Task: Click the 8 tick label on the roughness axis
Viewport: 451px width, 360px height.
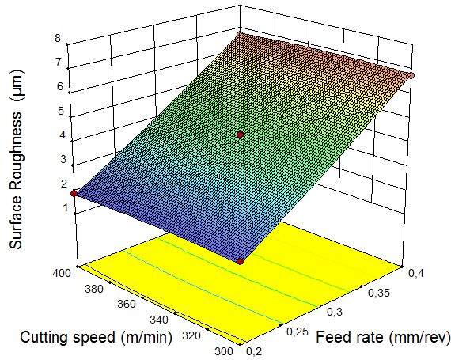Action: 58,38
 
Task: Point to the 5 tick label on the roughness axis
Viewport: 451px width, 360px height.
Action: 61,111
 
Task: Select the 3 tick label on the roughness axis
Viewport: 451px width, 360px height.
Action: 63,159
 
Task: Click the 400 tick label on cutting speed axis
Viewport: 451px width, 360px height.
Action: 61,273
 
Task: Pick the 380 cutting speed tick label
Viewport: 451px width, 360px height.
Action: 94,289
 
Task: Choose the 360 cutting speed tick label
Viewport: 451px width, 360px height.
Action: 127,304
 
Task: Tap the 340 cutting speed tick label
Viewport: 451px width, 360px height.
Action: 159,320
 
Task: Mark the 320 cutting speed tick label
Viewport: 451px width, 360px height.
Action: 191,335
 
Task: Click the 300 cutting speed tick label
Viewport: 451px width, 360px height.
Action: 224,351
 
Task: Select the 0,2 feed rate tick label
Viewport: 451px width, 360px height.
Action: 254,351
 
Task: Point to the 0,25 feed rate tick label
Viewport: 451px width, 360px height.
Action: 298,332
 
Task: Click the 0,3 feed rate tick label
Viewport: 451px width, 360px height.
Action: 335,312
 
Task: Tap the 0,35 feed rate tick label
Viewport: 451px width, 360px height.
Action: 379,293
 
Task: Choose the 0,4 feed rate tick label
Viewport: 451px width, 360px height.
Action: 416,274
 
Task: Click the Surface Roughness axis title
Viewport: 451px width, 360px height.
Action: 16,159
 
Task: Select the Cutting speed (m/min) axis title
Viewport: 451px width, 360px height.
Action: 96,337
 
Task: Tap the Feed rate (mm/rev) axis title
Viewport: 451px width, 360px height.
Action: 383,337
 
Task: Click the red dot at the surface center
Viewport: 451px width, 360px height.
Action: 241,135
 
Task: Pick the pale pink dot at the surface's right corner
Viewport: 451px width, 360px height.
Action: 411,76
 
